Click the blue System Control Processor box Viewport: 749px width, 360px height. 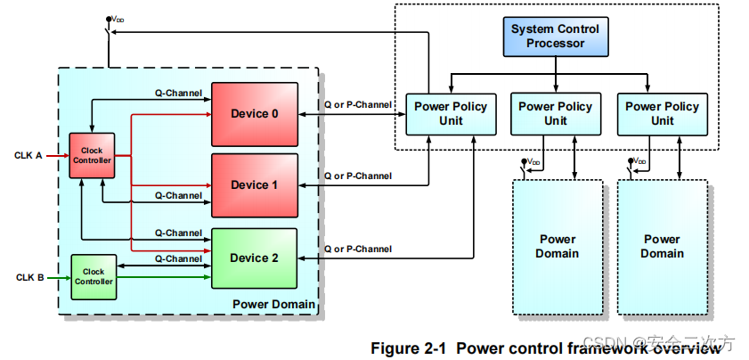(x=555, y=36)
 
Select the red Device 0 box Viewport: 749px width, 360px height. (x=254, y=113)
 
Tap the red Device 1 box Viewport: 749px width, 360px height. (x=254, y=184)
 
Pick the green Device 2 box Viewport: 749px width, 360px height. (x=254, y=258)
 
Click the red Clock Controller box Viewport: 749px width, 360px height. (x=93, y=156)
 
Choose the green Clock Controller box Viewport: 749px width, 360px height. (x=94, y=276)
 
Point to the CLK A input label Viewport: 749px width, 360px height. (x=28, y=155)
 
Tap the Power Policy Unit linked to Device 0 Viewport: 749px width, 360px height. (x=451, y=113)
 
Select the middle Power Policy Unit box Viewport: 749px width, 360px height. (x=555, y=113)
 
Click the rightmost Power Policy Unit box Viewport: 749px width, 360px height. (x=662, y=113)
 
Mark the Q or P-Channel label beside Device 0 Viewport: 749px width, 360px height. (x=357, y=104)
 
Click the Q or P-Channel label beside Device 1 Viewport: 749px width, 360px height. (x=357, y=176)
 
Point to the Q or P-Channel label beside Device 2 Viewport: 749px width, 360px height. (x=357, y=249)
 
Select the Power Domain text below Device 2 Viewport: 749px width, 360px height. (x=273, y=305)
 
